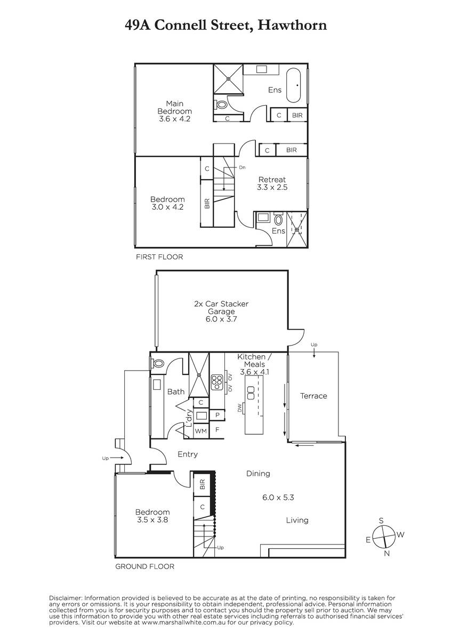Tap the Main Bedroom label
(x=174, y=111)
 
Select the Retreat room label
(x=272, y=183)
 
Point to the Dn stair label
(x=242, y=167)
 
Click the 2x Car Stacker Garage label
(x=221, y=311)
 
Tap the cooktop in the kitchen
(x=217, y=382)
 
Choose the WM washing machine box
(x=201, y=431)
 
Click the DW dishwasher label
(x=240, y=407)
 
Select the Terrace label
(x=313, y=396)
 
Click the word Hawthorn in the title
(x=292, y=25)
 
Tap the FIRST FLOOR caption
(x=159, y=257)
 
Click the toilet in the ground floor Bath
(x=157, y=364)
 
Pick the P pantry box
(x=217, y=415)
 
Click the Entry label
(x=188, y=454)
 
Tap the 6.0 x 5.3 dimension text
(x=278, y=498)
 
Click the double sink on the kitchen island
(x=251, y=393)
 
